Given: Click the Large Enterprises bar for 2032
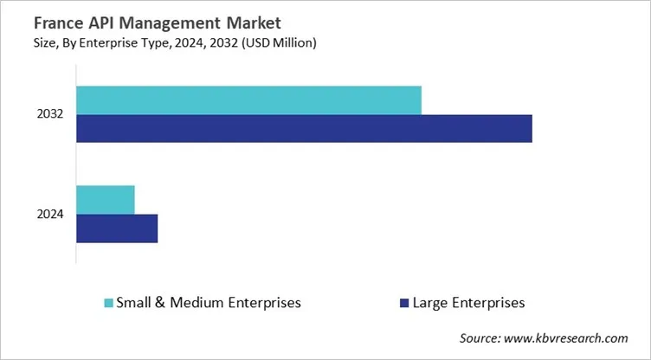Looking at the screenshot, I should (304, 128).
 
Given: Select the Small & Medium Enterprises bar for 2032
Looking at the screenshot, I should (248, 100).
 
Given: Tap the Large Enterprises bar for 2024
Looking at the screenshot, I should (117, 228).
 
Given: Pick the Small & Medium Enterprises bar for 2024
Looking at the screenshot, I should (106, 200).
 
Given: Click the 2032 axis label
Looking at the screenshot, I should (50, 114).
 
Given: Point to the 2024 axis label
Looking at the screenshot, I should (50, 215).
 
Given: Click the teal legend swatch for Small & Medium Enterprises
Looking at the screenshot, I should (108, 303).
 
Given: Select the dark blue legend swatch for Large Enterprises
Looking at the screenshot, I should (402, 303).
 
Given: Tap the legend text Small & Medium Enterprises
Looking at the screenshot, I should (209, 303).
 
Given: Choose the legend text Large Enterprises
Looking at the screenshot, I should (469, 303).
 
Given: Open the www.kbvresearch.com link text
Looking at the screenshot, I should (573, 337).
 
